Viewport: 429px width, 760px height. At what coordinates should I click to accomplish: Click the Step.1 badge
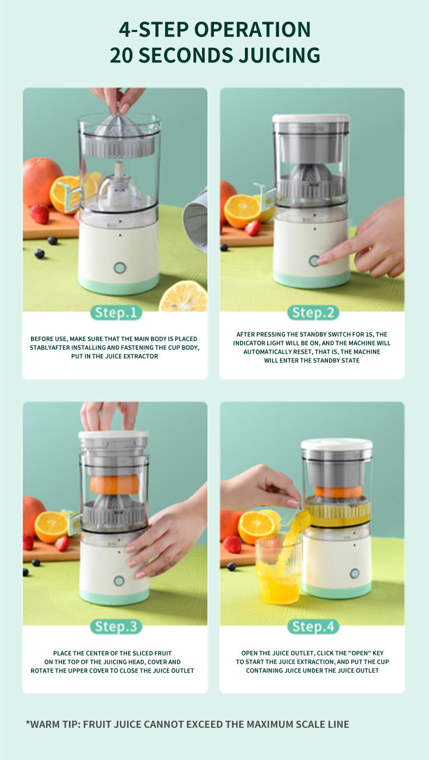point(116,312)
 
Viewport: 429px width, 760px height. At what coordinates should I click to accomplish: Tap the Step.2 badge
point(313,312)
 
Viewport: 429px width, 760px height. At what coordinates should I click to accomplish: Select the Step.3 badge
point(116,626)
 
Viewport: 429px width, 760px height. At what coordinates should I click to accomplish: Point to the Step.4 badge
point(313,626)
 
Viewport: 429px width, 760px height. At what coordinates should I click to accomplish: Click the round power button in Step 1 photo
point(119,267)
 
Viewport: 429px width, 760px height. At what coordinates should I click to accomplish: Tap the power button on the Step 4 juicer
point(355,573)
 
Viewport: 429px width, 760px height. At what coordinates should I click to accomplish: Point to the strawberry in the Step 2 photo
point(253,228)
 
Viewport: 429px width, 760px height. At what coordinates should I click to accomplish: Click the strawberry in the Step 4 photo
point(232,544)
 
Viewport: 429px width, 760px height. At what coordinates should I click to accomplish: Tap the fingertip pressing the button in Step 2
point(321,261)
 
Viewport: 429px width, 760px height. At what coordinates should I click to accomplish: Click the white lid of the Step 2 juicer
point(311,118)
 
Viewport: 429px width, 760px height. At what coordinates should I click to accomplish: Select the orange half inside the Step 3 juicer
point(115,484)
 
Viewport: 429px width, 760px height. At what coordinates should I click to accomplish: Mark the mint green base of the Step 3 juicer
point(114,596)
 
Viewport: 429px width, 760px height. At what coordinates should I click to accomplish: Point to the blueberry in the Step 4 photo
point(231,566)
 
